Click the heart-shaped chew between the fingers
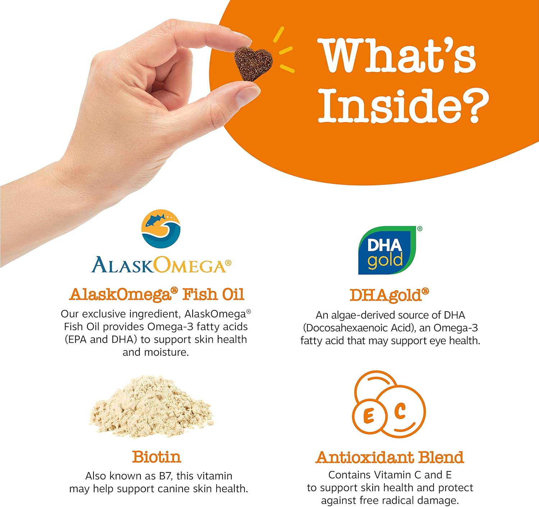(253, 63)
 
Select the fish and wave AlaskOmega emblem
(161, 229)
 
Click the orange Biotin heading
(157, 457)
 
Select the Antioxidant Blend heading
(390, 457)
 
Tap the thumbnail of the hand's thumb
(248, 94)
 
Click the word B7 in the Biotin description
(166, 476)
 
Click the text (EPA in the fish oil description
(76, 339)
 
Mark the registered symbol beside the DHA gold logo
(420, 229)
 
